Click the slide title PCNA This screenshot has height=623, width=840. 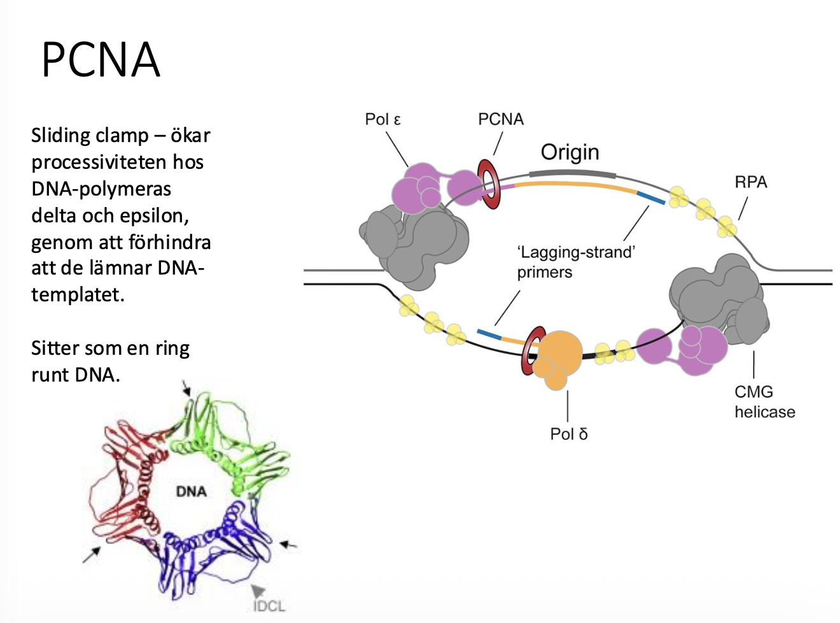pyautogui.click(x=101, y=60)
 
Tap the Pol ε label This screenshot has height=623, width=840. pyautogui.click(x=382, y=119)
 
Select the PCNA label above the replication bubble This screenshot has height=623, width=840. pyautogui.click(x=501, y=119)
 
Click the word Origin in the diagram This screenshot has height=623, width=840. pyautogui.click(x=570, y=152)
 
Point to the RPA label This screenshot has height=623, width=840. pyautogui.click(x=751, y=182)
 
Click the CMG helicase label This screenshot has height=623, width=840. pyautogui.click(x=764, y=402)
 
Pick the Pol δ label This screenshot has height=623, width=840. pyautogui.click(x=568, y=434)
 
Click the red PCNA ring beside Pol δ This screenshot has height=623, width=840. pyautogui.click(x=531, y=351)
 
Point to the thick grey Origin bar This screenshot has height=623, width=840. pyautogui.click(x=572, y=172)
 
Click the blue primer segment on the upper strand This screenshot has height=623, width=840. pyautogui.click(x=650, y=197)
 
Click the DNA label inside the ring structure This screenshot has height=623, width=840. pyautogui.click(x=191, y=491)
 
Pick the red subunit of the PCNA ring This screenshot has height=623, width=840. pyautogui.click(x=127, y=478)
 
